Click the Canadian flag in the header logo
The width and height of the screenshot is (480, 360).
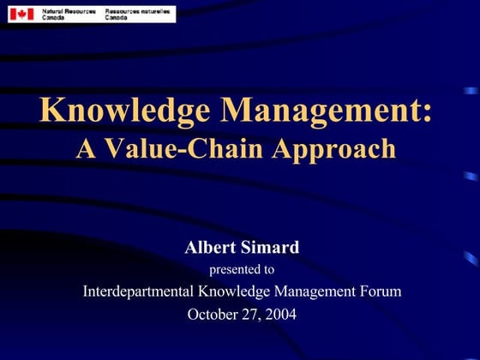[x=21, y=14]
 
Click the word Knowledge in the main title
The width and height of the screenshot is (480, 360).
[x=120, y=112]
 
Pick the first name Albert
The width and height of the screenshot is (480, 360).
[x=209, y=249]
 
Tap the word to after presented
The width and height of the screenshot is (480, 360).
[x=269, y=270]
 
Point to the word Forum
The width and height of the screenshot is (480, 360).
[x=380, y=291]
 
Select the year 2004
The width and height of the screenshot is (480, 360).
[x=280, y=314]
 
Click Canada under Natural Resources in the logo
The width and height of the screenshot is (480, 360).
[x=52, y=17]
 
